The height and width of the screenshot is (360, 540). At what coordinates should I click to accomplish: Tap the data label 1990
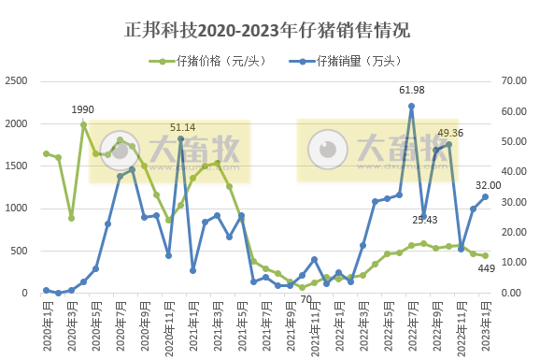(83, 110)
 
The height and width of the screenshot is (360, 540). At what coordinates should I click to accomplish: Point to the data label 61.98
(412, 90)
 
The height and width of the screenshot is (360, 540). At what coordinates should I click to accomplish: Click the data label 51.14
(182, 126)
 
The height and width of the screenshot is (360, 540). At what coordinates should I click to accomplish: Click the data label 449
(486, 269)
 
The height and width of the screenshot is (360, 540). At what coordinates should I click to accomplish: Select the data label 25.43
(424, 220)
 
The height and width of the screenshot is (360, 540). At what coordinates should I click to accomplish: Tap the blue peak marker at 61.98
(412, 106)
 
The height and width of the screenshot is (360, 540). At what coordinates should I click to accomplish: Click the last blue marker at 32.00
(485, 196)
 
